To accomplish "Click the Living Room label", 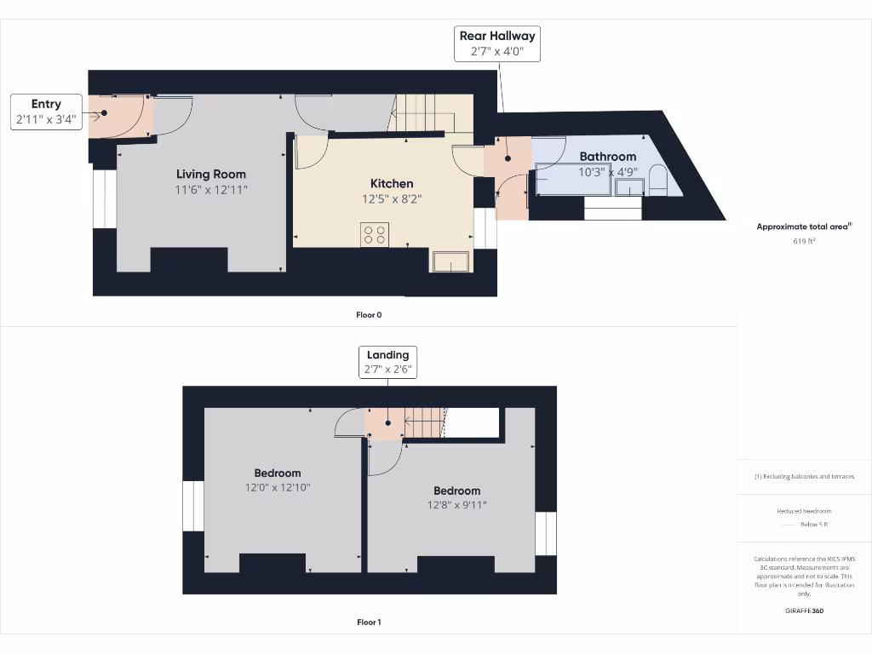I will (211, 174).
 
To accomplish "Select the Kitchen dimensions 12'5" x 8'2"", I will (391, 199).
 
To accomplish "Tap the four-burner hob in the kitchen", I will (375, 233).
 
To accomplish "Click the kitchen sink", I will (450, 261).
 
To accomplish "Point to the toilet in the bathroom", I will (657, 180).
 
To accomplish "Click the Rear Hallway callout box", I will (497, 43).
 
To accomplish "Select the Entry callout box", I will (47, 112).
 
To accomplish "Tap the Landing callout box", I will (387, 362).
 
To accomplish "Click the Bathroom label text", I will (607, 157).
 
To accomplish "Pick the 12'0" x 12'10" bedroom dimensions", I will (277, 488).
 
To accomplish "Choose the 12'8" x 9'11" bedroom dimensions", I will (456, 505).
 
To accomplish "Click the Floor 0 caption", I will (369, 315).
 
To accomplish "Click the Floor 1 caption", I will (369, 622).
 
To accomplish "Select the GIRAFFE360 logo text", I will (804, 611).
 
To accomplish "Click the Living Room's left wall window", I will (104, 199).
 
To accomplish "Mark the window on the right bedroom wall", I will (545, 534).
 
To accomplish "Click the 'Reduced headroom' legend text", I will (804, 511).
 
